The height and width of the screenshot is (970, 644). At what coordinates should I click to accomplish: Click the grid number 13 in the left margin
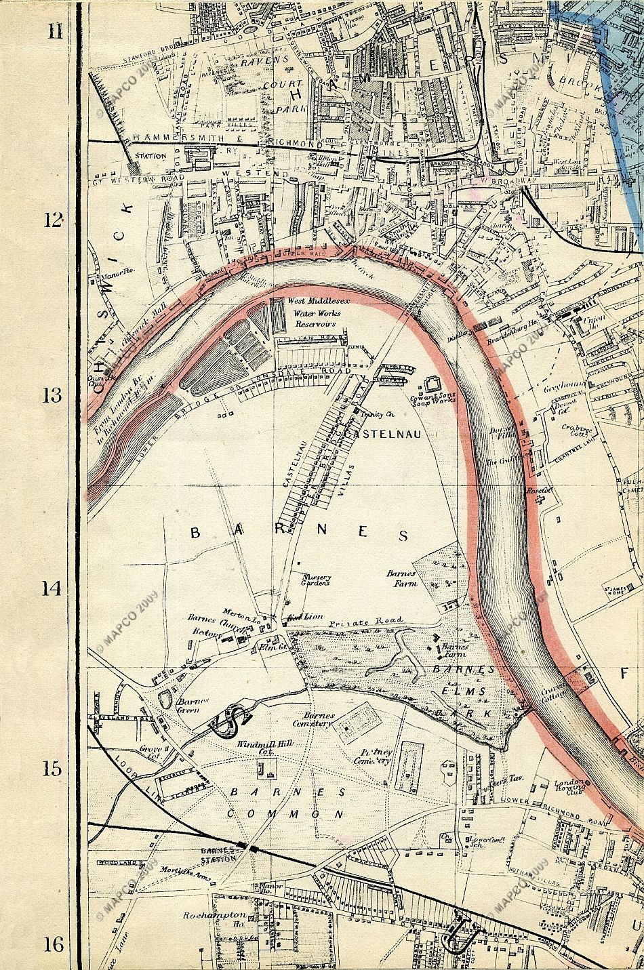(52, 396)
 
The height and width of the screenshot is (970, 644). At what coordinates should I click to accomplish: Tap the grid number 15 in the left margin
(52, 769)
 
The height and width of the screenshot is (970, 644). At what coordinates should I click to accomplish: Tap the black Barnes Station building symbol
(254, 847)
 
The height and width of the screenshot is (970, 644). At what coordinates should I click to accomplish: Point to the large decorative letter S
(231, 720)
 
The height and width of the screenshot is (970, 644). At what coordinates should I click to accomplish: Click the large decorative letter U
(460, 938)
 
